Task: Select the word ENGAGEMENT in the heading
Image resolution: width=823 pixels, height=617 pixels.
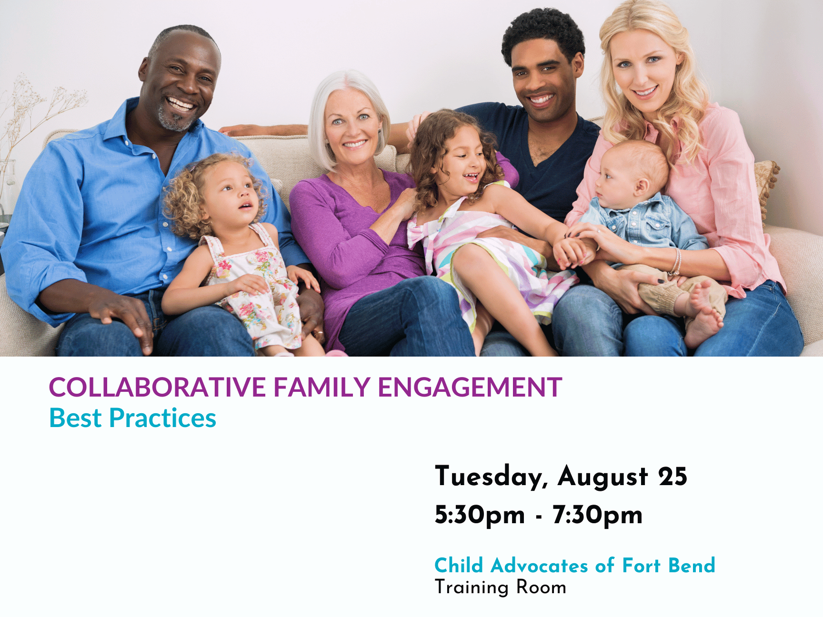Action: click(x=470, y=387)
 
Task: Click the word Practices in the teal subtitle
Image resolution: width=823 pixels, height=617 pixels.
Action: click(x=163, y=418)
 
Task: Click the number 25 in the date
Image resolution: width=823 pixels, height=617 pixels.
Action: click(x=673, y=477)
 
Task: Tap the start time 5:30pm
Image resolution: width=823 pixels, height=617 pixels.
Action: click(x=480, y=516)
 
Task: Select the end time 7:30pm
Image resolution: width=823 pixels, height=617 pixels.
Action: click(x=598, y=516)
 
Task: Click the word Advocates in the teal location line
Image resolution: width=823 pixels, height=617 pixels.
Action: click(x=540, y=566)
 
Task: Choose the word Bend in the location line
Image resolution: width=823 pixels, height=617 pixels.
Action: click(x=692, y=566)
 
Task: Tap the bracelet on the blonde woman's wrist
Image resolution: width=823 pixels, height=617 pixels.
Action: click(x=676, y=262)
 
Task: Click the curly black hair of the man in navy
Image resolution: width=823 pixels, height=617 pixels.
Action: click(x=543, y=31)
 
